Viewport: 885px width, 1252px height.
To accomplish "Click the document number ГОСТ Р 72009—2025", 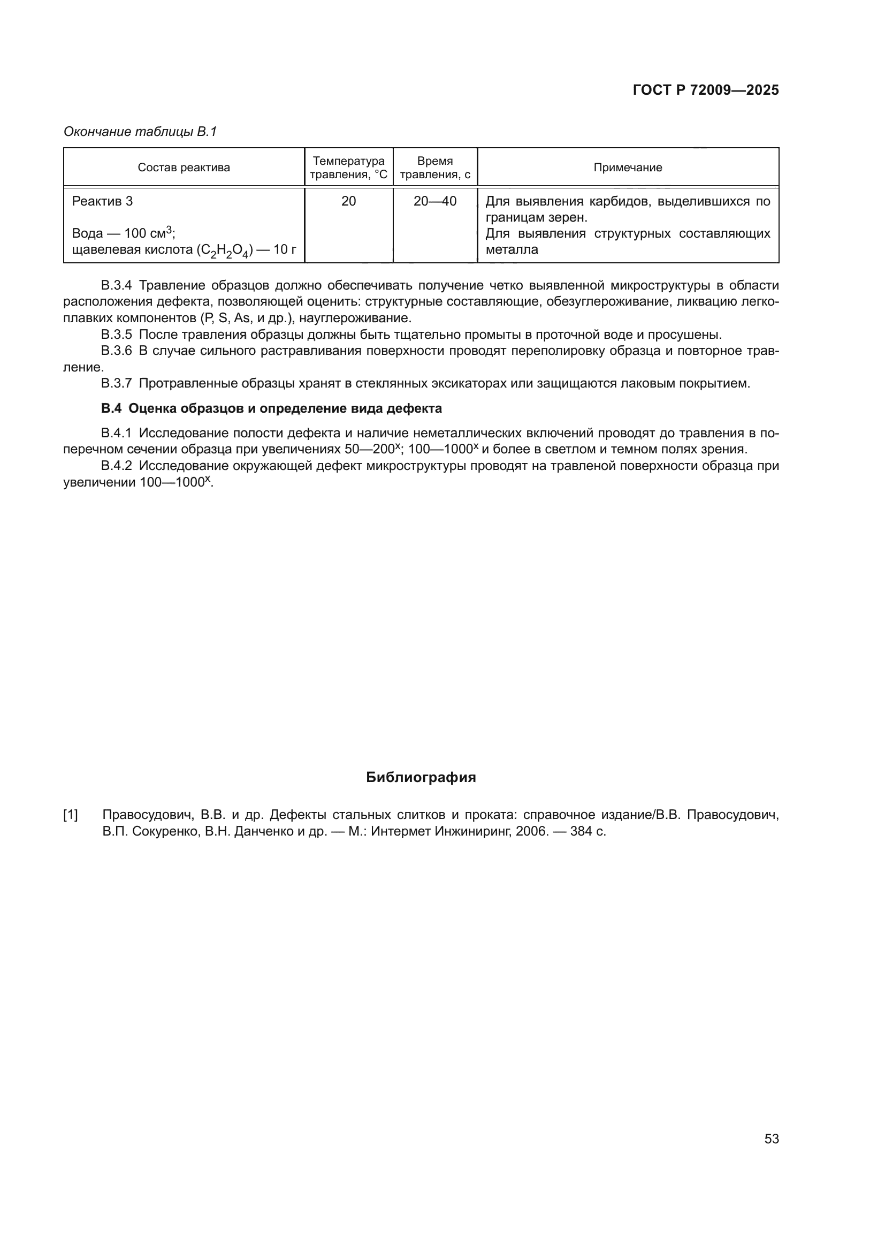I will (705, 90).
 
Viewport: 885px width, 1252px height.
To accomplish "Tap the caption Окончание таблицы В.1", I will (140, 132).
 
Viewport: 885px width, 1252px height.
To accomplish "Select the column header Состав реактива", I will (184, 168).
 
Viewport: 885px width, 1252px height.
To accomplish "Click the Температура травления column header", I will (348, 168).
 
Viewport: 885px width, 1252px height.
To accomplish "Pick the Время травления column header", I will (434, 168).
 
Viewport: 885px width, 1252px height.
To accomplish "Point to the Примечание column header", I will (627, 168).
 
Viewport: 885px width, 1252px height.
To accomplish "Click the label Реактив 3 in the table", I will (102, 201).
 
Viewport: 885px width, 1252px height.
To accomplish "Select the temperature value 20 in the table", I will (348, 201).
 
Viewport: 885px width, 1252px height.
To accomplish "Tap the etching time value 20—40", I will (434, 201).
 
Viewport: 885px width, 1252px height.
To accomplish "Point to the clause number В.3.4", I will (116, 285).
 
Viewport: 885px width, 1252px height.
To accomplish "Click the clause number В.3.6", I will (116, 351).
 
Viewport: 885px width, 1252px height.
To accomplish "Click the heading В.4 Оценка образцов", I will (271, 408).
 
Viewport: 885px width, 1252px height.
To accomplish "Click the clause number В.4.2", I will (116, 466).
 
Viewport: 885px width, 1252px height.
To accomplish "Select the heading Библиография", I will (421, 778).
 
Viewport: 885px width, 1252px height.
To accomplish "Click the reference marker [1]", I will (70, 815).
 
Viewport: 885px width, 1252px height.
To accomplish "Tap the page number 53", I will (771, 1139).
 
